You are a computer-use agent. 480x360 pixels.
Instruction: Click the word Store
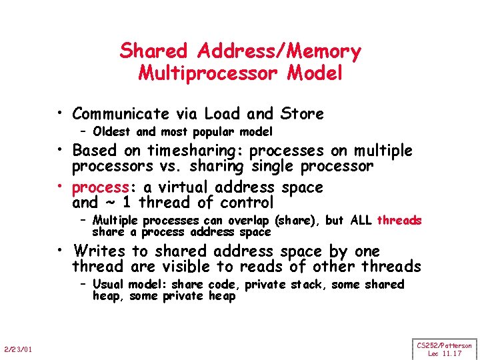299,114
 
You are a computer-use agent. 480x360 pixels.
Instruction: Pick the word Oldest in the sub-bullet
112,131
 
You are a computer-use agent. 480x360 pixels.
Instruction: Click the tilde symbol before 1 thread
107,203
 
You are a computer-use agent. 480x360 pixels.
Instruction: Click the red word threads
399,221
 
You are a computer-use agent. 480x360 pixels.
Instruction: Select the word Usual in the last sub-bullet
109,285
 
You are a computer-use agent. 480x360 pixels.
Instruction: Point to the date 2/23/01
19,349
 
